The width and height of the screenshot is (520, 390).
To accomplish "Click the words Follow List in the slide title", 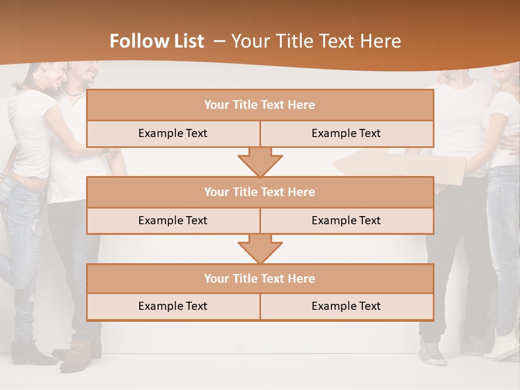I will [x=157, y=41].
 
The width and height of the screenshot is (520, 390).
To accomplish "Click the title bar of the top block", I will [x=260, y=105].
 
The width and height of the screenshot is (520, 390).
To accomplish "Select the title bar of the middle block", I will [x=260, y=192].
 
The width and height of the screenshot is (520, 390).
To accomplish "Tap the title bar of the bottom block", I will [x=260, y=278].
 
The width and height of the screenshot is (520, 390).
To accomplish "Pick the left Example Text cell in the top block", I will [x=173, y=133].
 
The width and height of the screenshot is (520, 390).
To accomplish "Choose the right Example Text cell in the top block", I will [x=347, y=133].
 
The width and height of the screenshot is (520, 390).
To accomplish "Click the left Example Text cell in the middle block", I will [x=173, y=220].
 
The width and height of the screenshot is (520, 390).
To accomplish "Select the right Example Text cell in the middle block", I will [x=347, y=220].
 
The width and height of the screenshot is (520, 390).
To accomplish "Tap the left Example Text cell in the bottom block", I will [x=173, y=306].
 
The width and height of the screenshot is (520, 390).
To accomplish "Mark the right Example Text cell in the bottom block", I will [x=347, y=306].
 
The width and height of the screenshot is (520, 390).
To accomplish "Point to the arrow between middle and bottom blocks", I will [x=260, y=249].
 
